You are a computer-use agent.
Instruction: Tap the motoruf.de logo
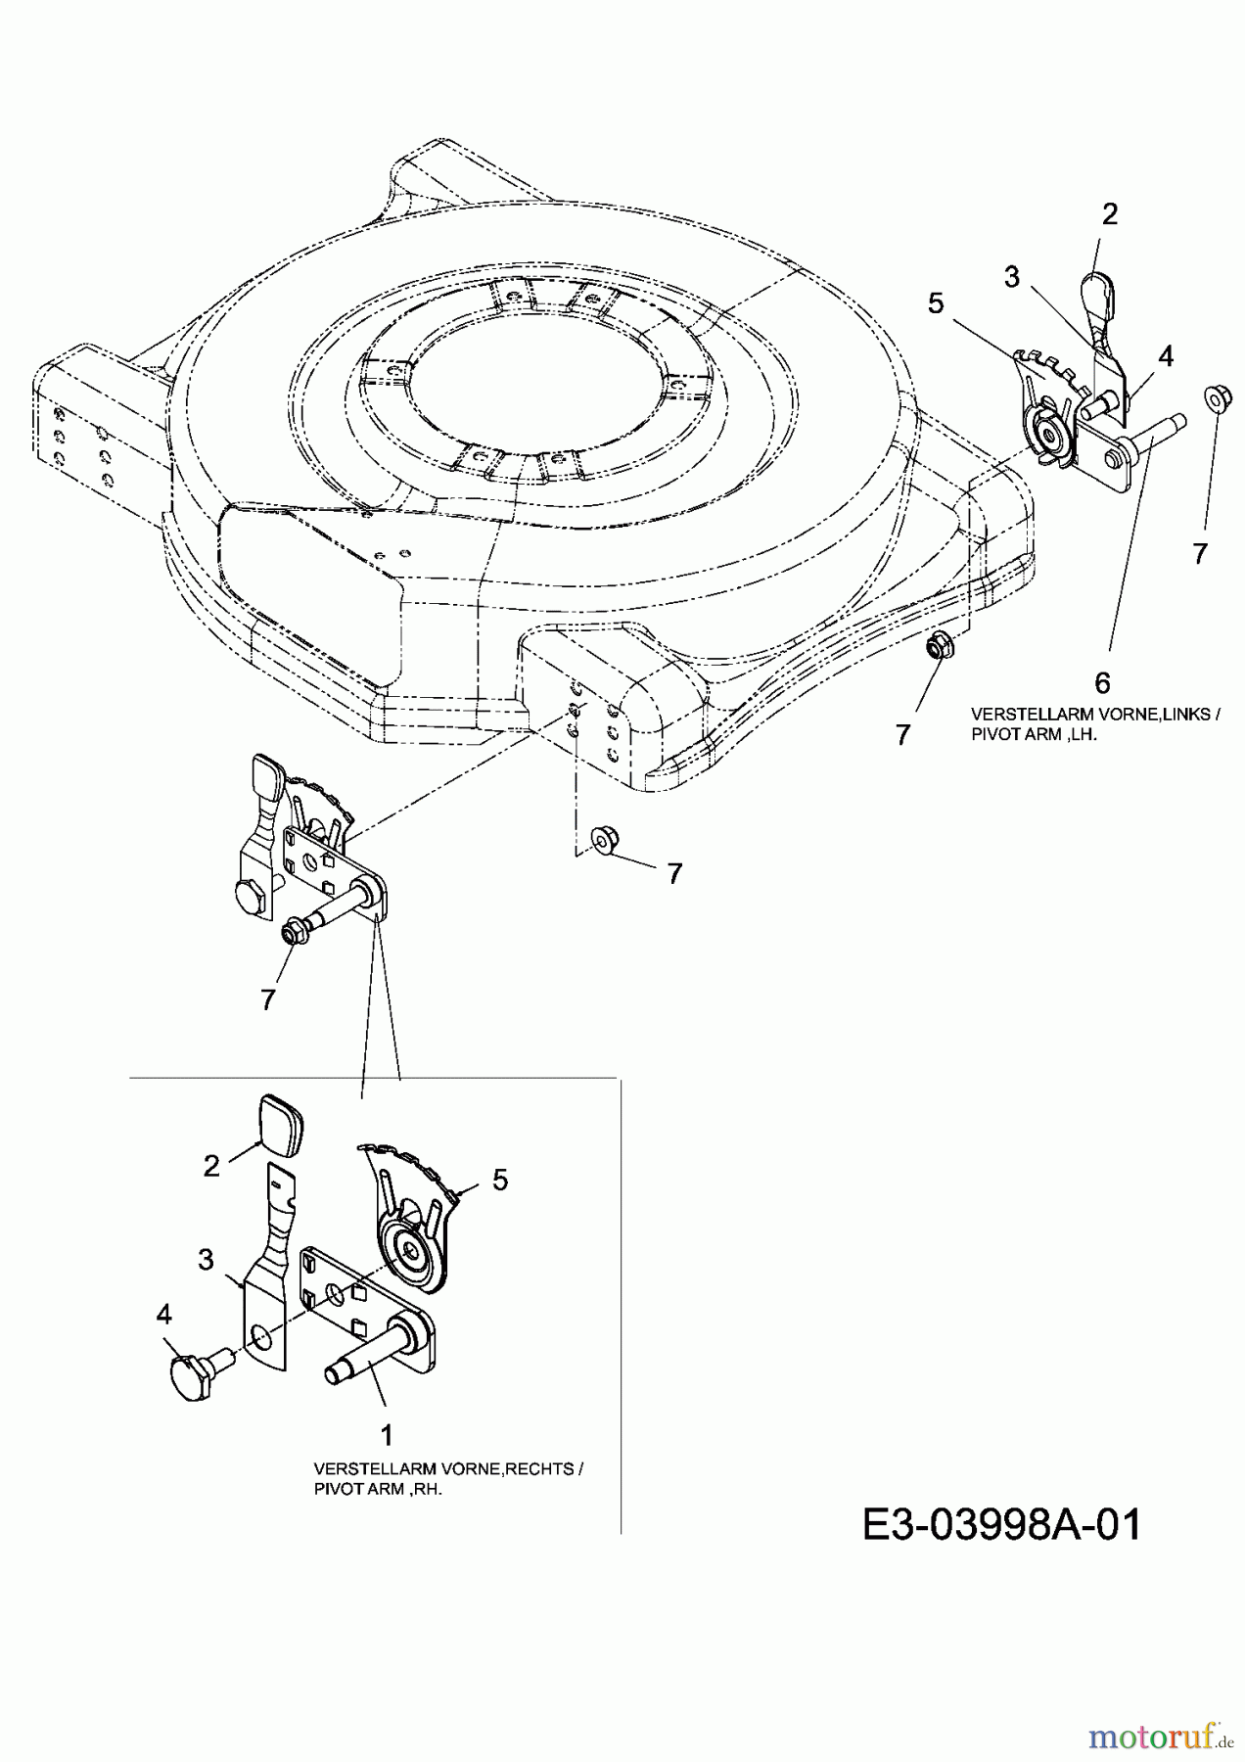[x=1161, y=1737]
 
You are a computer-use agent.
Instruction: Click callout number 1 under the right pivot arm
[x=387, y=1435]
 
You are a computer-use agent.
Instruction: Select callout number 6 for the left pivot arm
[x=1103, y=681]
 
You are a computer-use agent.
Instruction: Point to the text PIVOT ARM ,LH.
[x=1034, y=734]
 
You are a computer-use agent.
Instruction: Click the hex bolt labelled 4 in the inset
[x=197, y=1362]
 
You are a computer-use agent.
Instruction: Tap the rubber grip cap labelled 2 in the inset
[x=280, y=1121]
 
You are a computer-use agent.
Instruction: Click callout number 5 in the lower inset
[x=500, y=1181]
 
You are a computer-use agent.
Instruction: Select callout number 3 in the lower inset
[x=206, y=1259]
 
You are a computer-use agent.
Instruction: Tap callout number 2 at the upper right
[x=1109, y=213]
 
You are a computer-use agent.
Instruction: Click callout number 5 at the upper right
[x=937, y=303]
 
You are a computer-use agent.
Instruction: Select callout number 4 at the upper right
[x=1165, y=355]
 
